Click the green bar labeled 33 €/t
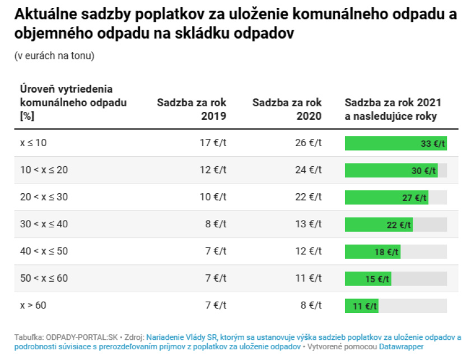pyautogui.click(x=395, y=143)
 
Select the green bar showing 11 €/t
pyautogui.click(x=362, y=306)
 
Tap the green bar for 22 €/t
pyautogui.click(x=379, y=225)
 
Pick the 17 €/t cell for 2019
pyautogui.click(x=213, y=143)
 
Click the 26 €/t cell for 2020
pyautogui.click(x=309, y=143)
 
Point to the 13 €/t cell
pyautogui.click(x=309, y=225)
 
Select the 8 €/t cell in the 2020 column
pyautogui.click(x=311, y=306)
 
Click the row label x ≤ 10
pyautogui.click(x=34, y=143)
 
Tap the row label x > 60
pyautogui.click(x=34, y=306)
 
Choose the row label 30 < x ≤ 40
pyautogui.click(x=44, y=225)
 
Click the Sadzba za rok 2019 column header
pyautogui.click(x=192, y=110)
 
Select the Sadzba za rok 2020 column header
pyautogui.click(x=287, y=110)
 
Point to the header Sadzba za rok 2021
pyautogui.click(x=393, y=103)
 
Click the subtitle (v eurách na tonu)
pyautogui.click(x=54, y=56)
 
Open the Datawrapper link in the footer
pyautogui.click(x=401, y=347)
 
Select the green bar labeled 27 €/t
pyautogui.click(x=386, y=198)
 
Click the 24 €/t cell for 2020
pyautogui.click(x=309, y=170)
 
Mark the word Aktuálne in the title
pyautogui.click(x=45, y=13)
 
